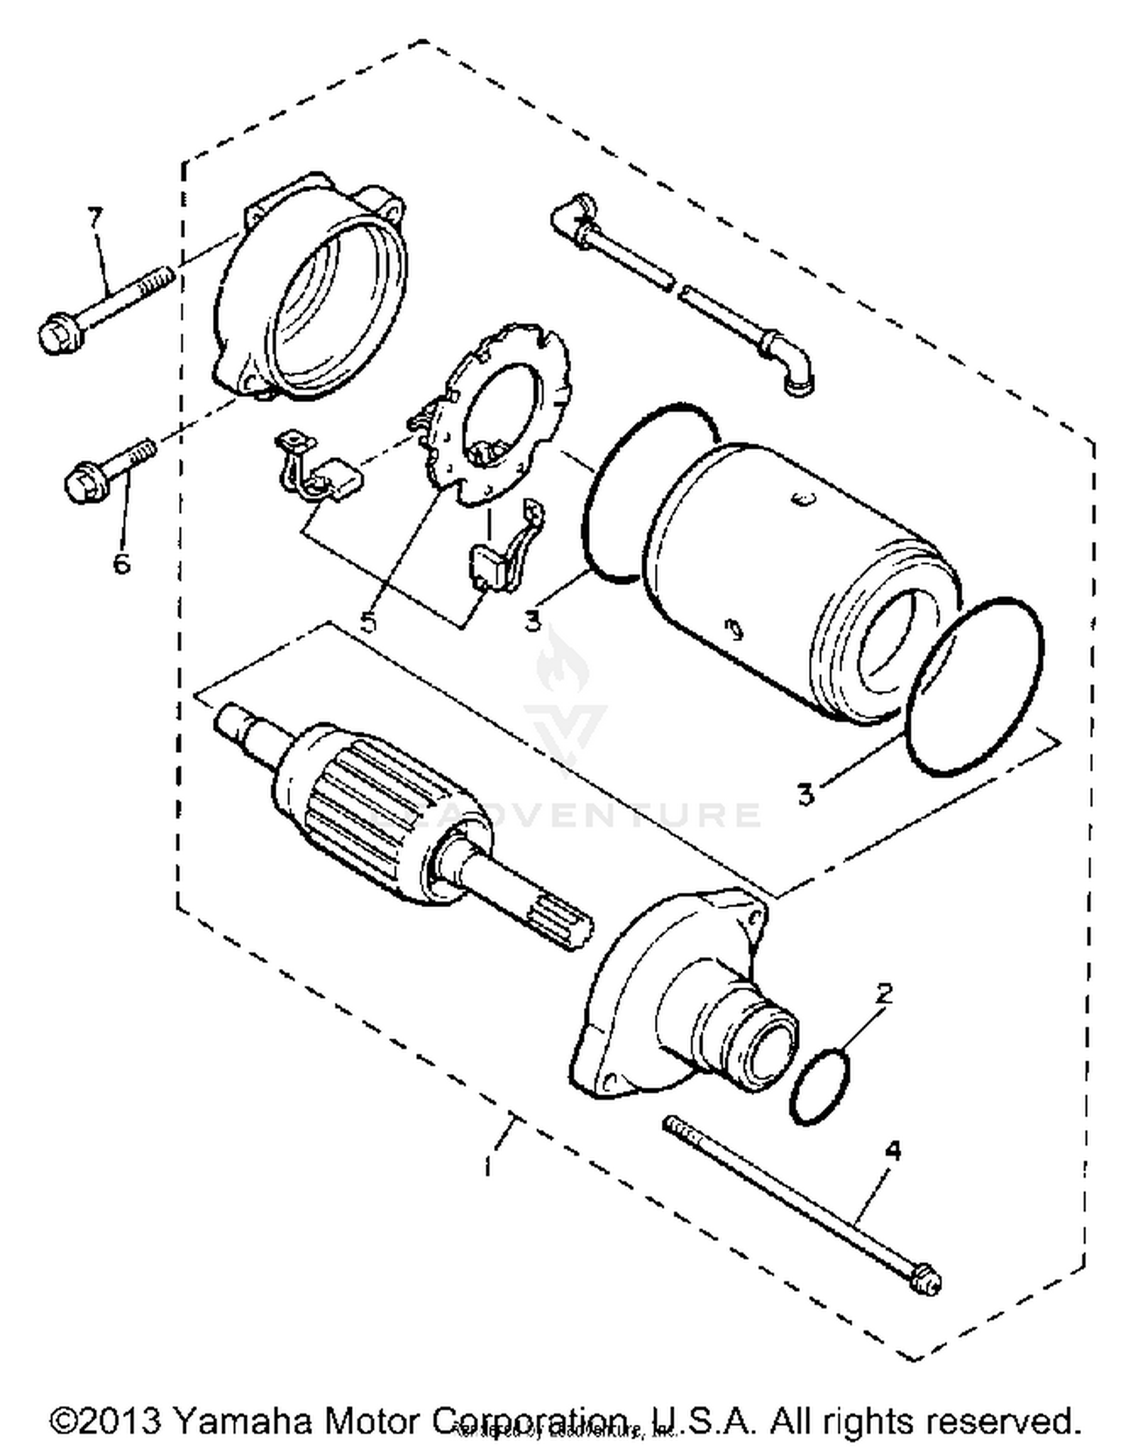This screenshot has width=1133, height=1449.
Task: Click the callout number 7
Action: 94,218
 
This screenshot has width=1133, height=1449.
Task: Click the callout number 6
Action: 122,562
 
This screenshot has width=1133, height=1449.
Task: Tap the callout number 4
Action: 893,1151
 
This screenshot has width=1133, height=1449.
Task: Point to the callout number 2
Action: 884,993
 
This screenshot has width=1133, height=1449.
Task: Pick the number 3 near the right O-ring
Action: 806,794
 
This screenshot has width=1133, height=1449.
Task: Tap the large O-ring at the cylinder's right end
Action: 974,684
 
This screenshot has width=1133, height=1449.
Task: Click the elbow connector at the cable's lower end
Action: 793,370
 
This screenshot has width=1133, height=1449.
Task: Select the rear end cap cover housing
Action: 313,291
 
